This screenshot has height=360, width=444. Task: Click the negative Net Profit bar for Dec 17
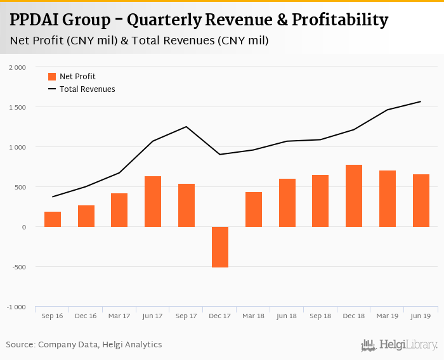click(220, 247)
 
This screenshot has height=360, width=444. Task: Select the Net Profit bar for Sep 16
click(53, 219)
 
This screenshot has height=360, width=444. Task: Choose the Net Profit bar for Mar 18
click(254, 209)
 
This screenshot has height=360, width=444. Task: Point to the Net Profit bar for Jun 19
click(421, 200)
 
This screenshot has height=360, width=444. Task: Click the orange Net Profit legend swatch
click(52, 77)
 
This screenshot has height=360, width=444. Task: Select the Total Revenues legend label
click(88, 89)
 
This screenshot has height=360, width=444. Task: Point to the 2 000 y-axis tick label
click(18, 67)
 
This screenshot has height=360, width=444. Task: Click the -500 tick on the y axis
click(18, 267)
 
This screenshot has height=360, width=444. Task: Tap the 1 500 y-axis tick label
click(18, 107)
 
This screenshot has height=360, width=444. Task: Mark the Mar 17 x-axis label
click(119, 316)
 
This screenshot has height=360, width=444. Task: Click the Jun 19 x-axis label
click(421, 316)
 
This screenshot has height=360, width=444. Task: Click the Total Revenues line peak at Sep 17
click(186, 127)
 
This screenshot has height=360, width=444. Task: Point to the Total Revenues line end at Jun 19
click(421, 101)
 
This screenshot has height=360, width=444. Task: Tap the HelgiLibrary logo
click(400, 345)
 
